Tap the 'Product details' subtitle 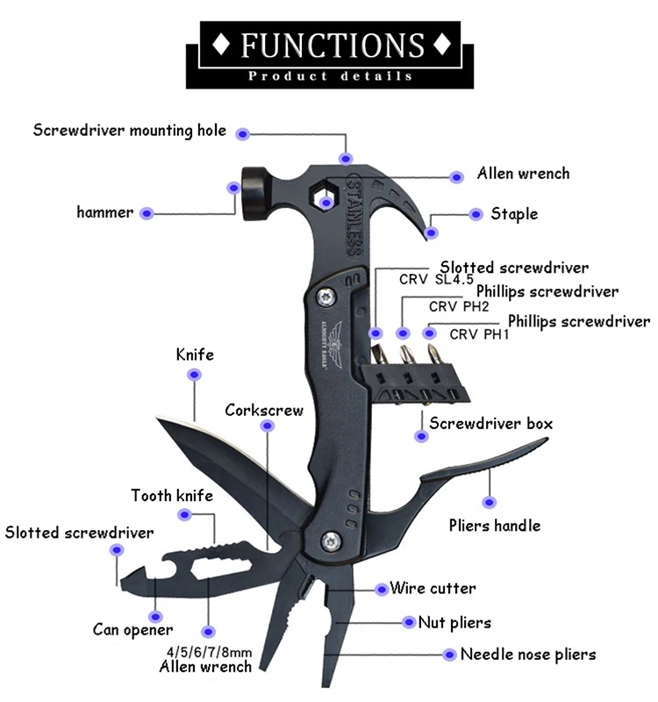[330, 76]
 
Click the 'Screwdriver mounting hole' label [130, 131]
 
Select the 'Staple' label [514, 213]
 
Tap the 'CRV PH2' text [457, 307]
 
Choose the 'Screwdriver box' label [490, 423]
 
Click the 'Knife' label [195, 355]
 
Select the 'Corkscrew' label [264, 410]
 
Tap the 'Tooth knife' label [172, 496]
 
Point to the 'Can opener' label [133, 629]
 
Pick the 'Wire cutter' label [433, 588]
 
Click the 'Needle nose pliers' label [528, 654]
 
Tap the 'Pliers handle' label [495, 526]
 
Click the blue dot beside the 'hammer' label [147, 212]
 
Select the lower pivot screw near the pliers [332, 540]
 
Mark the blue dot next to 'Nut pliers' [409, 622]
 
